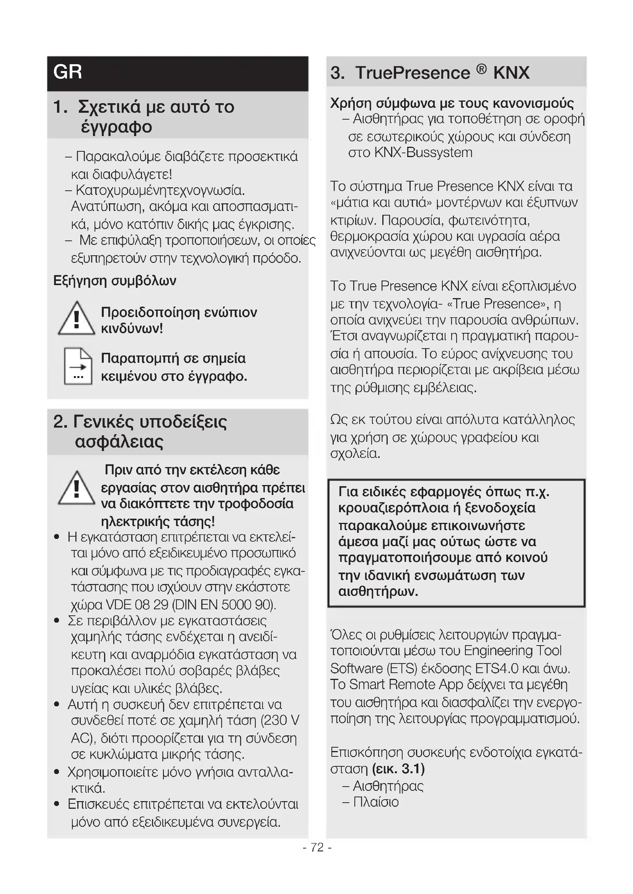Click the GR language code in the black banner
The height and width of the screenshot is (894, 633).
[x=68, y=72]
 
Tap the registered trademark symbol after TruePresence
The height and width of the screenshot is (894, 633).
[x=482, y=69]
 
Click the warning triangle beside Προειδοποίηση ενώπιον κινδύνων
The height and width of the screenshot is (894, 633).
[x=77, y=319]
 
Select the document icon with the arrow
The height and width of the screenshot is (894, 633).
[x=78, y=366]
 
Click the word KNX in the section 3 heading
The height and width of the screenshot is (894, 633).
[x=511, y=73]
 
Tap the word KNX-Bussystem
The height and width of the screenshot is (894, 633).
[x=423, y=153]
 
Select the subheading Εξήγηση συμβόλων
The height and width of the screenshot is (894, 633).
[x=114, y=281]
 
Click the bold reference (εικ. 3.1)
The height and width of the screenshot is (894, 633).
[x=398, y=769]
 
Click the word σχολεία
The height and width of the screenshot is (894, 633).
[x=355, y=454]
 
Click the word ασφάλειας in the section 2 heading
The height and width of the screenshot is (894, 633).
[x=119, y=441]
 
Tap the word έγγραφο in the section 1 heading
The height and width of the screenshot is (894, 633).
[x=116, y=127]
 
